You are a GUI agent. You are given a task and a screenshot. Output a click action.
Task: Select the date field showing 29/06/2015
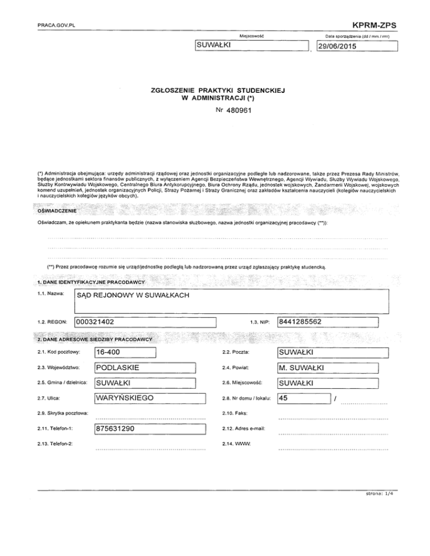pyautogui.click(x=356, y=46)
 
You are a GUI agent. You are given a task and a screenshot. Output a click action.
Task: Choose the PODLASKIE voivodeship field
pyautogui.click(x=144, y=367)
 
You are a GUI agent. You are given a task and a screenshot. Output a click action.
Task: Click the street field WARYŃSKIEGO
pyautogui.click(x=144, y=383)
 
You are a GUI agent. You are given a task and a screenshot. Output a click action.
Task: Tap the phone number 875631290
pyautogui.click(x=144, y=413)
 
